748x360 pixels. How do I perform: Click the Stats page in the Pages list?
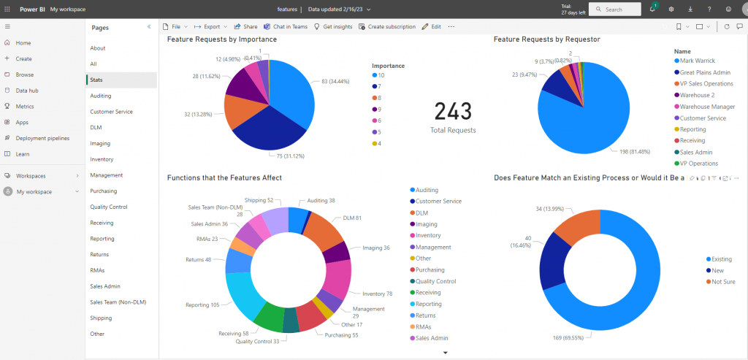(x=96, y=80)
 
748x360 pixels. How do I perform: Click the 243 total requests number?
(x=453, y=112)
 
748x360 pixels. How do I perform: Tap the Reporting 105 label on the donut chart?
(x=203, y=305)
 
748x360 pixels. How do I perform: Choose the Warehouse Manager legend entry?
(x=707, y=107)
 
